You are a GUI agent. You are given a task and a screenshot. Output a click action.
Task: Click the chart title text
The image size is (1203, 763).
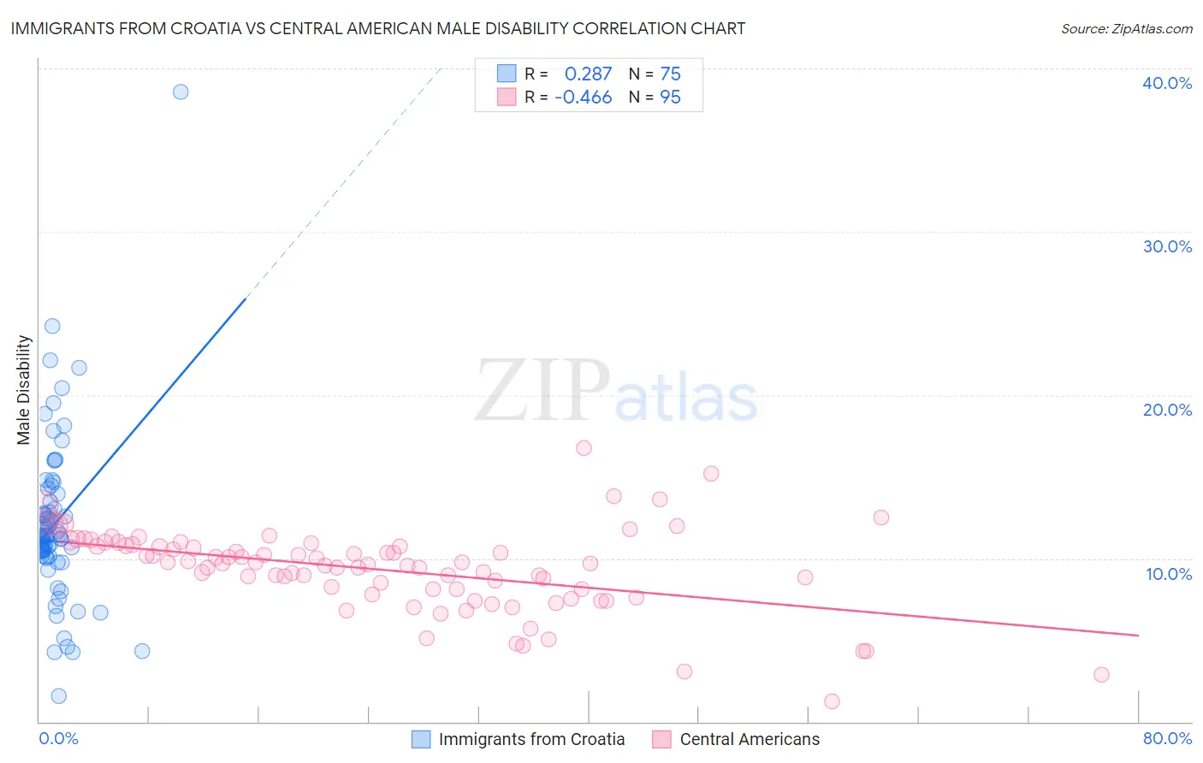[x=377, y=28]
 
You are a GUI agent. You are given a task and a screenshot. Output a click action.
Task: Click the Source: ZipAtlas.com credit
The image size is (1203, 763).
[x=1126, y=28]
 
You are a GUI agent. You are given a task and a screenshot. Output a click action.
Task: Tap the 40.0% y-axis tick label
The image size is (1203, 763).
[x=1167, y=83]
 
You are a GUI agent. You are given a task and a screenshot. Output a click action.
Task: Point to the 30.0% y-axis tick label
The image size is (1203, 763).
[x=1167, y=246]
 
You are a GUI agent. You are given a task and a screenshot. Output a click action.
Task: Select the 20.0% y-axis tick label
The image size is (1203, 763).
[x=1167, y=410]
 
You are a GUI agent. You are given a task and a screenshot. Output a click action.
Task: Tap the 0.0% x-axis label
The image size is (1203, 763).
[x=58, y=738]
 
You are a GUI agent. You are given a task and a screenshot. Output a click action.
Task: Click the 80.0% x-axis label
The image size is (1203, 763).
[x=1167, y=738]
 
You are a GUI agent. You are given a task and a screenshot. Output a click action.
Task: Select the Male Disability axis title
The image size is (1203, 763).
[x=23, y=390]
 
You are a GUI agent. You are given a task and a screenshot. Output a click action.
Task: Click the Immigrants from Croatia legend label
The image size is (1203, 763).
[x=531, y=739]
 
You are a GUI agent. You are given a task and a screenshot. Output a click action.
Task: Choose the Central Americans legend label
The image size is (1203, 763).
[x=750, y=739]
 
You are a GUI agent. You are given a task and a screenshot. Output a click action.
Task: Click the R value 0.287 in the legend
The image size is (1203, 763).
[x=588, y=74]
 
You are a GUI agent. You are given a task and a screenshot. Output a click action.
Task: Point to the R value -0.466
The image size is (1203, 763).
[x=583, y=98]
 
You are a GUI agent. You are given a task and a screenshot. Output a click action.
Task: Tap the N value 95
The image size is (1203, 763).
[x=670, y=98]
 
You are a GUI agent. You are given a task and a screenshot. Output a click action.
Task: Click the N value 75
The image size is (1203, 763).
[x=670, y=74]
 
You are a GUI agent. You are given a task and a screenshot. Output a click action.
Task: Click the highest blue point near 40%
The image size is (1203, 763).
[x=181, y=92]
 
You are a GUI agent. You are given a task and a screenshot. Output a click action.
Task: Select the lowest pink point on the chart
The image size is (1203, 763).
[x=832, y=701]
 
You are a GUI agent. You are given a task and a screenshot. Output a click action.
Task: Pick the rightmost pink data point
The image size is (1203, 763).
[x=1101, y=675]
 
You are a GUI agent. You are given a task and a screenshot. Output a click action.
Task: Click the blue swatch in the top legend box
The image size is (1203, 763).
[x=507, y=74]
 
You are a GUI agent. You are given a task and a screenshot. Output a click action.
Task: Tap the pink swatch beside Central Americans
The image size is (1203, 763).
[x=661, y=739]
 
